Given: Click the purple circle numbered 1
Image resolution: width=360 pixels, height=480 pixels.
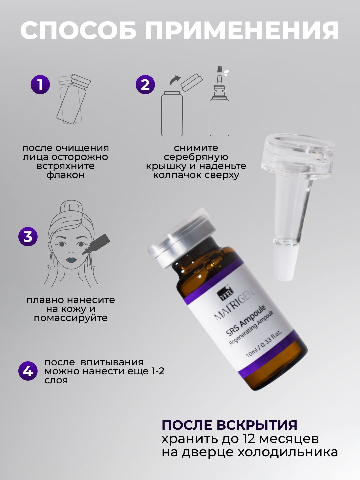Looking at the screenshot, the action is (x=40, y=85).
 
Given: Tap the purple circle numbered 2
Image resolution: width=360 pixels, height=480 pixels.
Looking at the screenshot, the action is (x=145, y=85).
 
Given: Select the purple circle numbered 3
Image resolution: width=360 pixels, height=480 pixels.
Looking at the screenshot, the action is (x=28, y=237).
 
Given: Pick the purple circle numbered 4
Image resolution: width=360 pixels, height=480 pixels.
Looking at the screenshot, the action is (x=28, y=371).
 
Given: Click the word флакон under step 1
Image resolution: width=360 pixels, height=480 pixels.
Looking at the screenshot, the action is (x=65, y=175).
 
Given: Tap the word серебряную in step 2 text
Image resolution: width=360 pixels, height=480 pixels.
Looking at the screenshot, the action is (x=196, y=157).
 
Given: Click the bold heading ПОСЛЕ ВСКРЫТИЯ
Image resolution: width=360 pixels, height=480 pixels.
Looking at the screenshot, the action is (x=230, y=425).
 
